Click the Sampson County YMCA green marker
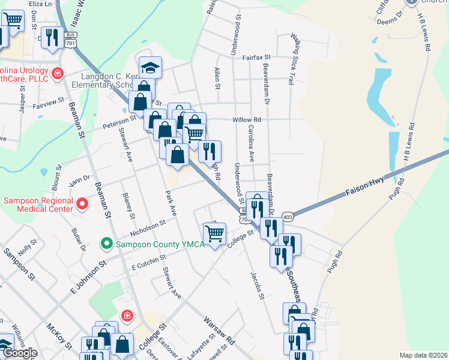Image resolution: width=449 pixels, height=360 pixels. click(x=107, y=244)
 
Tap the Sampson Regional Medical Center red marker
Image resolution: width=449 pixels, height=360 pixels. click(x=83, y=206)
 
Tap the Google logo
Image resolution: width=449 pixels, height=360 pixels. click(x=20, y=353)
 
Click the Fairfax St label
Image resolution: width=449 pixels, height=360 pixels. click(x=257, y=58)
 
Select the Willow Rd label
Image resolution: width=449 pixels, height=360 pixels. click(x=247, y=119)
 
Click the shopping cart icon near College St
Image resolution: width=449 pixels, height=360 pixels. click(x=215, y=233)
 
